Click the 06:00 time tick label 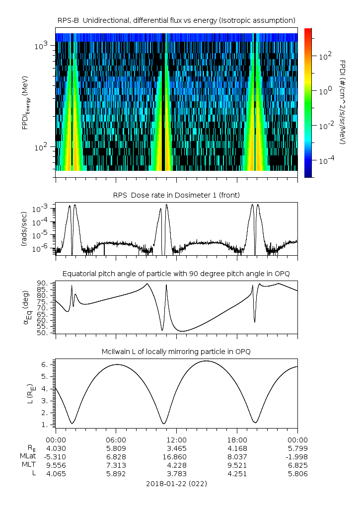pos(116,440)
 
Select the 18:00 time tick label pos(237,440)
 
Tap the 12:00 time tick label pos(176,440)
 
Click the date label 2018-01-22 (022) pos(176,483)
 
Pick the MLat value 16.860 pos(176,457)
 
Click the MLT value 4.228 pos(176,465)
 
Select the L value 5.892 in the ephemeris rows pos(116,474)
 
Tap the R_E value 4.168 pos(237,448)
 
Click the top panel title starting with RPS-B pos(176,20)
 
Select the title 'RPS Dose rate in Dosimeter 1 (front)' pos(176,195)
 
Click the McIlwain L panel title pos(176,352)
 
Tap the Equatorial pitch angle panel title pos(176,274)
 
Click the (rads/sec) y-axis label pos(24,229)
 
